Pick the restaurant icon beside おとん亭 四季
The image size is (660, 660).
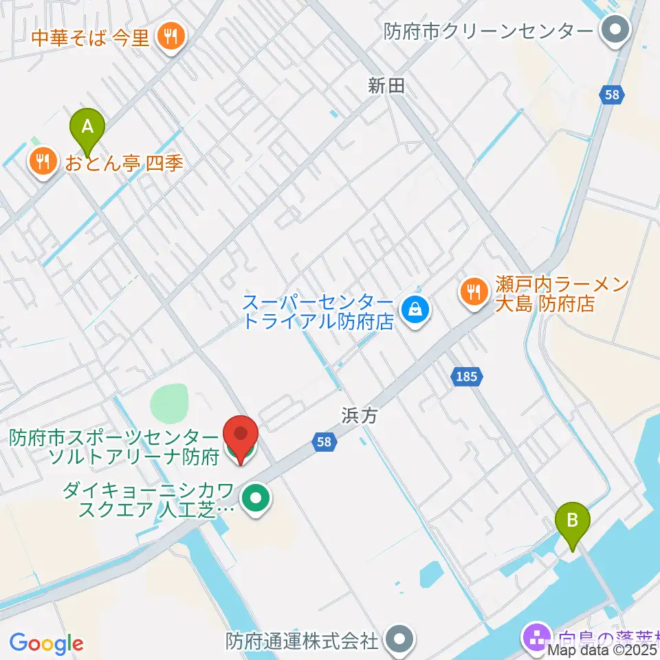(x=43, y=163)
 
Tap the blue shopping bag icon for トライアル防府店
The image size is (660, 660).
(x=416, y=311)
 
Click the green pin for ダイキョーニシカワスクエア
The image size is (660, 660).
(x=258, y=500)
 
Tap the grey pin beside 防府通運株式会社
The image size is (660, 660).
(x=398, y=641)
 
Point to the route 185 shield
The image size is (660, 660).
(x=467, y=376)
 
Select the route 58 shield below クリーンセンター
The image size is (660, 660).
(x=612, y=95)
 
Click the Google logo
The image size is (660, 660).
(x=46, y=643)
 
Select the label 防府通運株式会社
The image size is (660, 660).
(x=302, y=641)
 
